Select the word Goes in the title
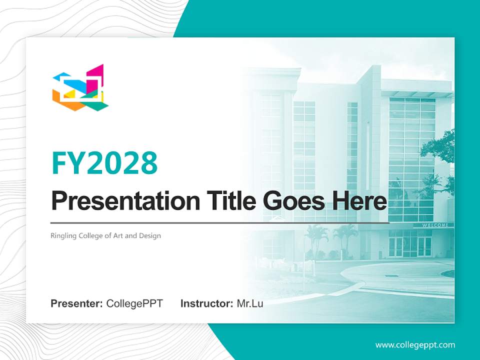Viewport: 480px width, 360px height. click(292, 201)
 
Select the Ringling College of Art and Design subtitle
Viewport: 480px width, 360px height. click(106, 235)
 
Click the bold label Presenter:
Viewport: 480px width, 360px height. click(77, 303)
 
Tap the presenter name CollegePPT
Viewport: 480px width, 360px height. click(134, 303)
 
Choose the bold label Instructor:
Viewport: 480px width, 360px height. click(206, 303)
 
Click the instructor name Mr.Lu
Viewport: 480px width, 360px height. click(250, 303)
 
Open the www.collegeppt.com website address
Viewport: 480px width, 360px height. click(415, 344)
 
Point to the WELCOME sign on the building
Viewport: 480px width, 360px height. click(435, 225)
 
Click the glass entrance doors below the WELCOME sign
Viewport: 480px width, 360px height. click(410, 245)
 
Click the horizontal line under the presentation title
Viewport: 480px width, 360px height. click(220, 223)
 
